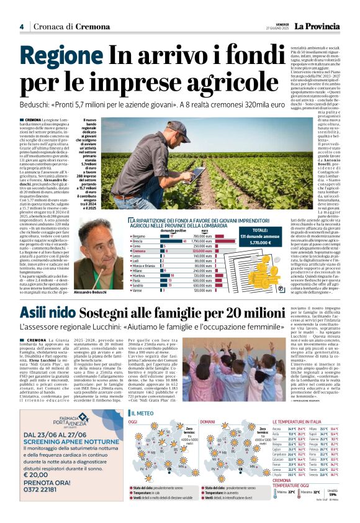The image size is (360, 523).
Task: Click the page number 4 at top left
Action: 22,27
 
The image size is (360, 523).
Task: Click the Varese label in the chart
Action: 137,290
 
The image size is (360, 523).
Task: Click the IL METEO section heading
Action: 143,413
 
